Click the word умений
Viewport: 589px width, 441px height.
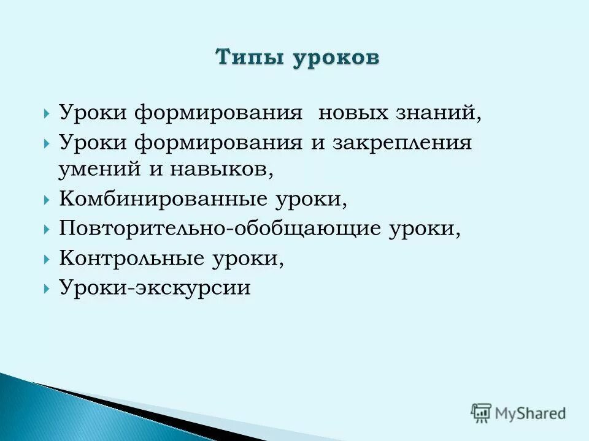click(x=101, y=169)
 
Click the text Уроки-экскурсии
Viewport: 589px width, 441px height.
click(x=155, y=287)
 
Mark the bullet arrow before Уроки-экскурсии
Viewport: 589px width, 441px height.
click(x=47, y=288)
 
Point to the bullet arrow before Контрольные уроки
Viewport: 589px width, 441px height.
click(x=47, y=258)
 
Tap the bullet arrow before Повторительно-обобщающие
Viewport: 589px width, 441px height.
click(x=47, y=230)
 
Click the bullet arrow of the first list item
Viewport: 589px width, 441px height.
click(x=47, y=114)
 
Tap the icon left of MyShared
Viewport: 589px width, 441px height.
click(x=481, y=412)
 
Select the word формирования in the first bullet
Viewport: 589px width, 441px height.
click(x=219, y=113)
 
